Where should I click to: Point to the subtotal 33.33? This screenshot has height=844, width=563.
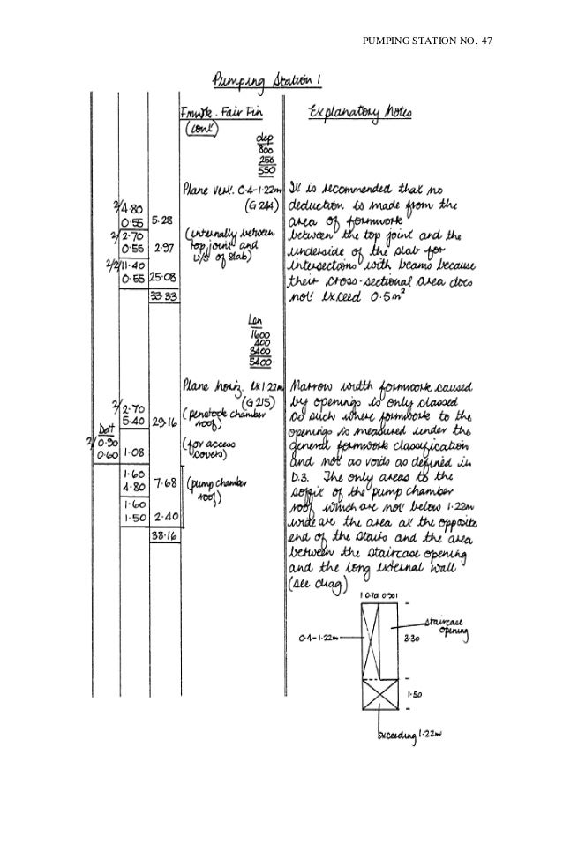tap(162, 298)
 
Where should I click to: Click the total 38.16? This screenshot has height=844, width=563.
tap(164, 535)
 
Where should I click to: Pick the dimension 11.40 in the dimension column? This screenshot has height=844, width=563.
tap(132, 263)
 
